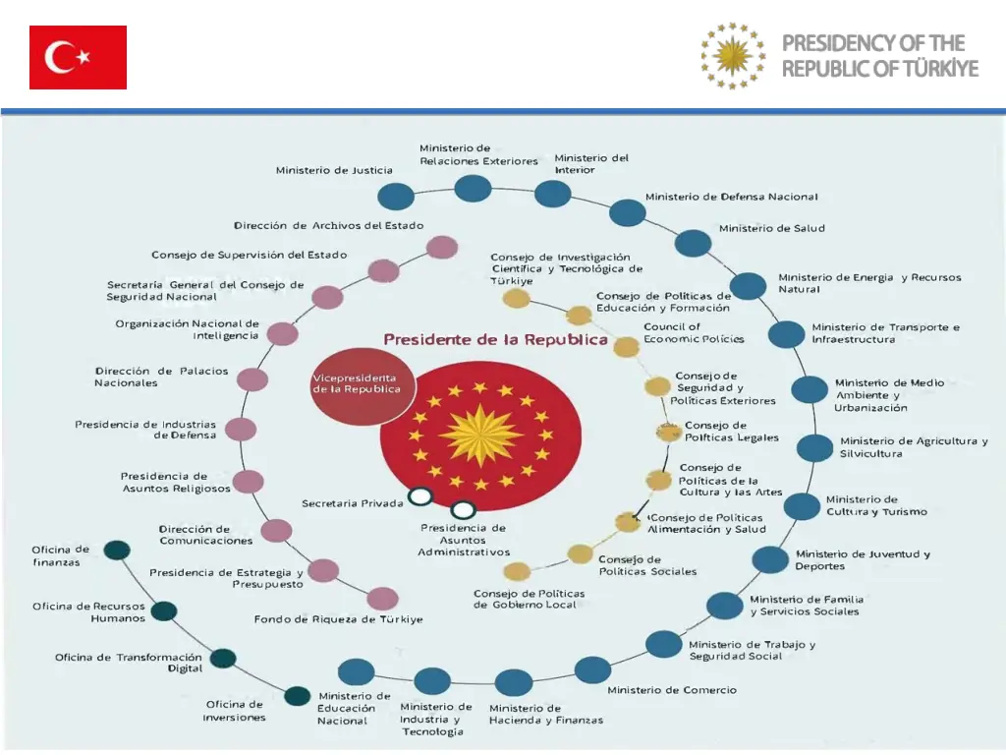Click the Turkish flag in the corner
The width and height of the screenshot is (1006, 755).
(x=78, y=57)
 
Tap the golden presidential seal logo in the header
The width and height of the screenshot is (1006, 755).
(x=732, y=56)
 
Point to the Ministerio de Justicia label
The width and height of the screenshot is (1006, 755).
(x=334, y=170)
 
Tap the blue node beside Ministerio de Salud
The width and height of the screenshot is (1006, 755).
(x=693, y=243)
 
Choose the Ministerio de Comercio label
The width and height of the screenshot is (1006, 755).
(x=671, y=690)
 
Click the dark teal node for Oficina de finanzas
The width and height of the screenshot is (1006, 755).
(x=118, y=551)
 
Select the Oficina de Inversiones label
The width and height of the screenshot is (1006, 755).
(x=234, y=711)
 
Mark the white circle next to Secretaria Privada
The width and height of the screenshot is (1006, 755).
(x=420, y=496)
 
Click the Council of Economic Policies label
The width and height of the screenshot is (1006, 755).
(x=694, y=333)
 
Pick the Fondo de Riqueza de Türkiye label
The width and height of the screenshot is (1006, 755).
(x=338, y=619)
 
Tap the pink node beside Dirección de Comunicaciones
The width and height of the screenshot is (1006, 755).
(x=277, y=531)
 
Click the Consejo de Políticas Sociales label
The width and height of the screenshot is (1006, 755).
(x=647, y=565)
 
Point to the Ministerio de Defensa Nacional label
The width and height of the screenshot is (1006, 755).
(x=731, y=197)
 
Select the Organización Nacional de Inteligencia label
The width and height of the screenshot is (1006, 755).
(x=187, y=329)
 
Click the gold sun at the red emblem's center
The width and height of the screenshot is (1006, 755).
(x=481, y=434)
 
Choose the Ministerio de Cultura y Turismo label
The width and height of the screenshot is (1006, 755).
(x=876, y=505)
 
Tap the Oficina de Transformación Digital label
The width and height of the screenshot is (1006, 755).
(x=128, y=663)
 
